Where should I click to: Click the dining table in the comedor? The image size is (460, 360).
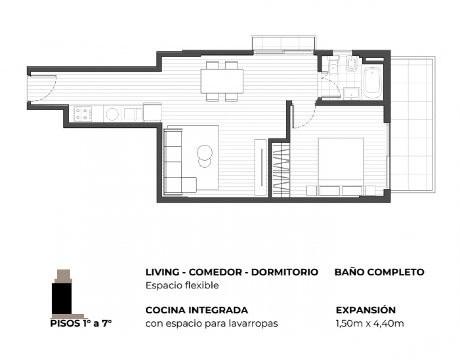pyautogui.click(x=222, y=81)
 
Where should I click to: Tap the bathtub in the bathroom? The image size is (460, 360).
pyautogui.click(x=373, y=83)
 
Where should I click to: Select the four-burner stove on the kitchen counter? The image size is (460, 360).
pyautogui.click(x=83, y=114)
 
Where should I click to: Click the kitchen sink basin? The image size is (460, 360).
pyautogui.click(x=133, y=114)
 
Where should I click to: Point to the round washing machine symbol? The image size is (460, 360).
pyautogui.click(x=112, y=114)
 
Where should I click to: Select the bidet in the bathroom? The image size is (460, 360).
pyautogui.click(x=352, y=63)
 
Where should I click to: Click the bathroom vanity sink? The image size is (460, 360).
pyautogui.click(x=352, y=94)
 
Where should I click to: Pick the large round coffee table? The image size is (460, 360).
pyautogui.click(x=205, y=152)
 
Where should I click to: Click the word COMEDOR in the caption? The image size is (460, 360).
pyautogui.click(x=215, y=272)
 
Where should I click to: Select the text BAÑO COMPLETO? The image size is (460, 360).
pyautogui.click(x=379, y=272)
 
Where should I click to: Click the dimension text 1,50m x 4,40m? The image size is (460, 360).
pyautogui.click(x=370, y=324)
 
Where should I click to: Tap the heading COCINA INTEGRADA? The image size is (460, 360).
pyautogui.click(x=197, y=310)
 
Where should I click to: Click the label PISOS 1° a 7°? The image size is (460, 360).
pyautogui.click(x=81, y=323)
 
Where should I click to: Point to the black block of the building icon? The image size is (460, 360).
pyautogui.click(x=61, y=299)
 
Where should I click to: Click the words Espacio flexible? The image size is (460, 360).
pyautogui.click(x=182, y=285)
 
